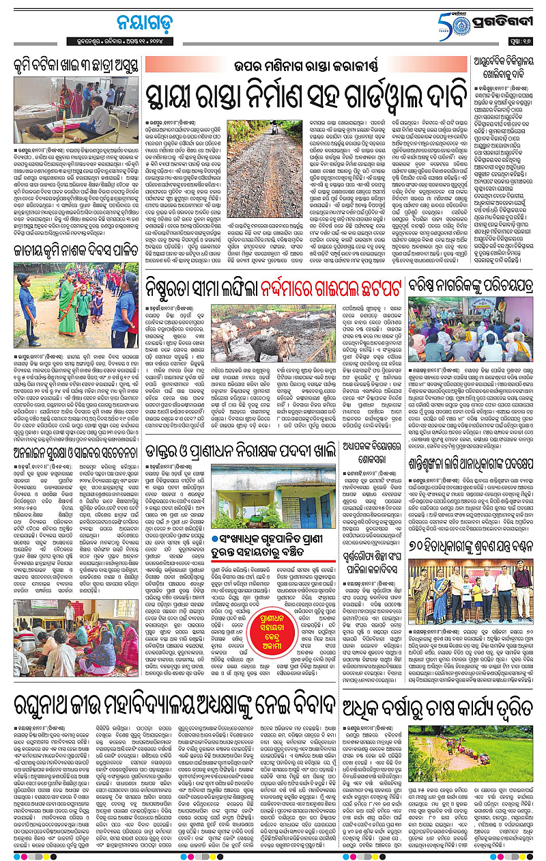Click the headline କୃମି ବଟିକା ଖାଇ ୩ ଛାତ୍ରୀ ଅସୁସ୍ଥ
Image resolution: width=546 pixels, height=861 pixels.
[x=72, y=67]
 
